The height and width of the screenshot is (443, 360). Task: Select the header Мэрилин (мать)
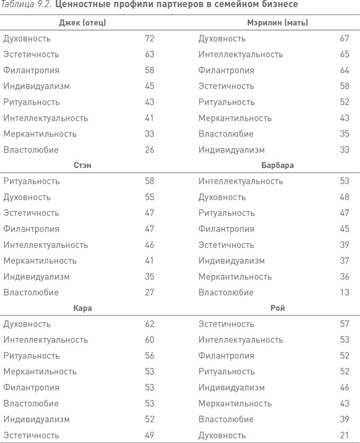tap(277, 23)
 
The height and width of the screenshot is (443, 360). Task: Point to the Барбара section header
tap(277, 165)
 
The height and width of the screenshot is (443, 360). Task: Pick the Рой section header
tap(277, 308)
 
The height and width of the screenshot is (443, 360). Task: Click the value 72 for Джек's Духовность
tap(149, 38)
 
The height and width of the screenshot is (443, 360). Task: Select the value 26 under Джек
tap(149, 149)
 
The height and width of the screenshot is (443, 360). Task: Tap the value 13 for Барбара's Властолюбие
tap(344, 292)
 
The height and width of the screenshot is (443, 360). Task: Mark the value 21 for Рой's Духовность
tap(344, 435)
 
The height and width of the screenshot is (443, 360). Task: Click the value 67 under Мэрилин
tap(344, 38)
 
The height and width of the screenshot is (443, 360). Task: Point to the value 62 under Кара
tap(149, 324)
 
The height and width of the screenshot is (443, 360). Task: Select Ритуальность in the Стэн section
tap(31, 181)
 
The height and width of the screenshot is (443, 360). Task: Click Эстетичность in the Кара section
tap(31, 435)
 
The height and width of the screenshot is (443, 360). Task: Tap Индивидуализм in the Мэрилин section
tap(232, 149)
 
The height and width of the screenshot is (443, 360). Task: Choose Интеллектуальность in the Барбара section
tap(241, 181)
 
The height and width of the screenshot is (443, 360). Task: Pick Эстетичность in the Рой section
tap(226, 324)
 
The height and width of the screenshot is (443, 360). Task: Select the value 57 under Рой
tap(344, 324)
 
